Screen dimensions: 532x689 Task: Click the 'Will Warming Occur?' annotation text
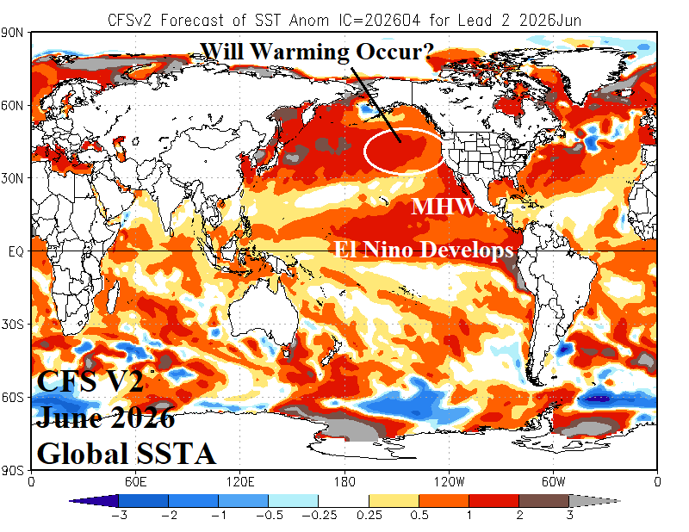coord(317,51)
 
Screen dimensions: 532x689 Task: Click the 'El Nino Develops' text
coord(425,250)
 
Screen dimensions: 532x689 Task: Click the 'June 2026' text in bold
coord(105,418)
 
